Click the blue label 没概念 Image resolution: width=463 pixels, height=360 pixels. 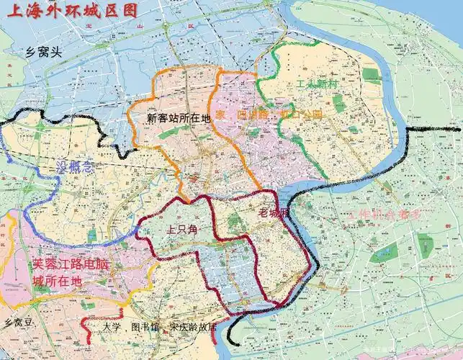(75, 168)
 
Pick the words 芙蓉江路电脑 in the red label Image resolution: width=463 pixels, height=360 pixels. (73, 264)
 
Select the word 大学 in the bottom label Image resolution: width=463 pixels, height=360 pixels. (111, 326)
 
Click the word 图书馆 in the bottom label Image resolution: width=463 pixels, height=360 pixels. (143, 326)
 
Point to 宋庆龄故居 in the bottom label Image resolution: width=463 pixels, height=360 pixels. (194, 326)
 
